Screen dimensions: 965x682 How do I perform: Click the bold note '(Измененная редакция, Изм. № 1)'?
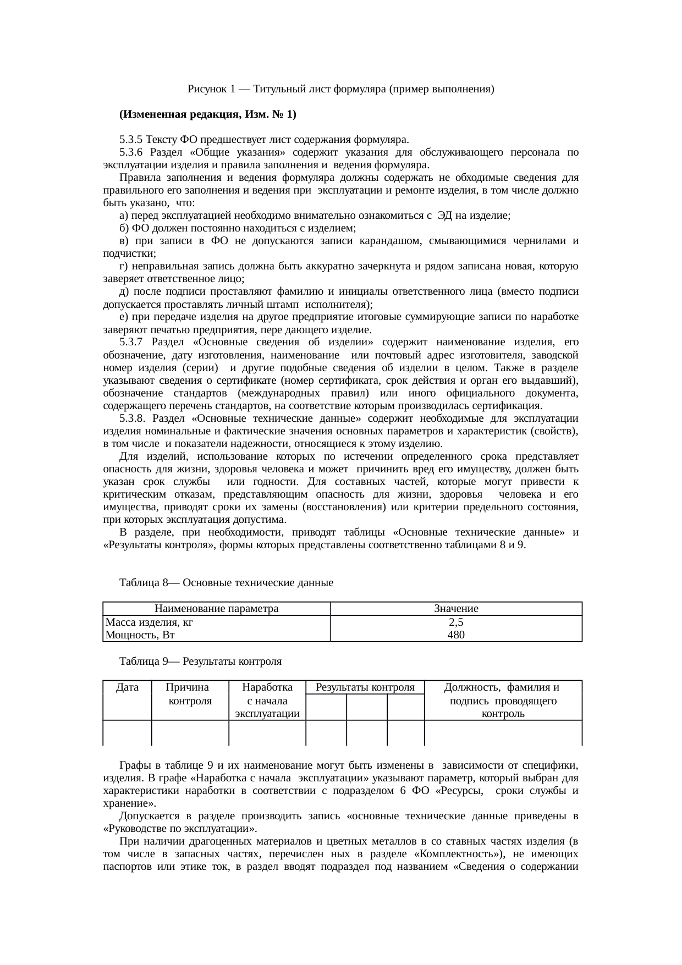[207, 114]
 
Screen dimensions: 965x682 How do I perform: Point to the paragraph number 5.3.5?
[131, 140]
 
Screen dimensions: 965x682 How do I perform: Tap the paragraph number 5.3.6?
[131, 152]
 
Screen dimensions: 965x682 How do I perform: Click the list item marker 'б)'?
[123, 228]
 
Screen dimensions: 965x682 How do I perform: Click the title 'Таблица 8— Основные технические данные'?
[226, 582]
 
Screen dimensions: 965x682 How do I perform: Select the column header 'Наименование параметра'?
[216, 609]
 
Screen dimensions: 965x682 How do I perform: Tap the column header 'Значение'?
[456, 609]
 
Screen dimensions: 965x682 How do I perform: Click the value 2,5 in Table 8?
[456, 622]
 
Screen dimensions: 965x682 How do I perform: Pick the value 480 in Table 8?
[456, 635]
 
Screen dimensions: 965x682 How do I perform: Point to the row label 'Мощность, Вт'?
[140, 635]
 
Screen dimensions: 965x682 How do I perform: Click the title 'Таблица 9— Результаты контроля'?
[200, 661]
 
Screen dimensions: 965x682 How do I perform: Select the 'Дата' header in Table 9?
[127, 687]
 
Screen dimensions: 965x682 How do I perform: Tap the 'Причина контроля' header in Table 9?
[190, 694]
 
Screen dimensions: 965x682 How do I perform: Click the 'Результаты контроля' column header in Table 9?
[365, 687]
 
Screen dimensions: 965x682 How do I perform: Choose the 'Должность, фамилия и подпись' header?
[503, 700]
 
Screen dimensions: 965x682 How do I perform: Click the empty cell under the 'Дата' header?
[127, 733]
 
